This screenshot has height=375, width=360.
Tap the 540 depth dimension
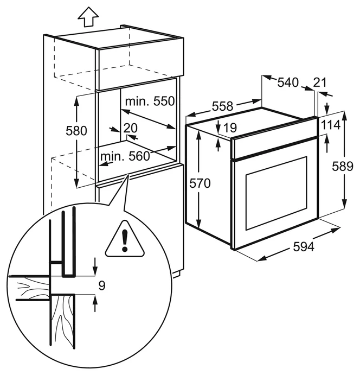point(288,82)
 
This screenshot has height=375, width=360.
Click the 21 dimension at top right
point(320,82)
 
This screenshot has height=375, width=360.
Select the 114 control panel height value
point(330,125)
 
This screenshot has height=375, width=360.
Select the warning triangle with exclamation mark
point(125,239)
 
